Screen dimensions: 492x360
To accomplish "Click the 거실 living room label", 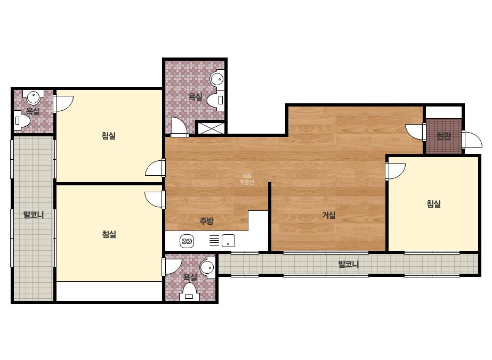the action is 329,215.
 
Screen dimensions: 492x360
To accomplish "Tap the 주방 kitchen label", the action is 207,221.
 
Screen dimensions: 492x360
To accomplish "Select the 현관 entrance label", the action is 443,136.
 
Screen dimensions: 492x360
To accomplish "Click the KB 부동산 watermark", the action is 247,179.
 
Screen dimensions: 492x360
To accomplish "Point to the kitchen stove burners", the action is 187,241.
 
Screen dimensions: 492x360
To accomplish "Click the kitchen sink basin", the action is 228,241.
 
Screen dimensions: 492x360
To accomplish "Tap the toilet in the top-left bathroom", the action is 22,120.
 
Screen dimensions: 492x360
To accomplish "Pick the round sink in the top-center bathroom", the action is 217,78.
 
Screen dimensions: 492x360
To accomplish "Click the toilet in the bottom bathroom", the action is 189,292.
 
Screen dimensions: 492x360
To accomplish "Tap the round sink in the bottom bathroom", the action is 207,267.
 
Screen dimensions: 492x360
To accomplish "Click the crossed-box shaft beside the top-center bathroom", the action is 211,128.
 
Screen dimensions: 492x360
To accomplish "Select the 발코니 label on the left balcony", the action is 33,215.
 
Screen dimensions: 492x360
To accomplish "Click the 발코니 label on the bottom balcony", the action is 348,264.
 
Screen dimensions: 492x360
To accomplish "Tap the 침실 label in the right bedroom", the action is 434,204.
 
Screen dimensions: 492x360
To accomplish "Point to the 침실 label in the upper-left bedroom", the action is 109,136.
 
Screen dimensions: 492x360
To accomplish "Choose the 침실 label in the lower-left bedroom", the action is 109,234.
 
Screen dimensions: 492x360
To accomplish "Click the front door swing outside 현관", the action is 472,140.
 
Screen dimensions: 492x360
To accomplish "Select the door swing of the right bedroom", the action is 396,171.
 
